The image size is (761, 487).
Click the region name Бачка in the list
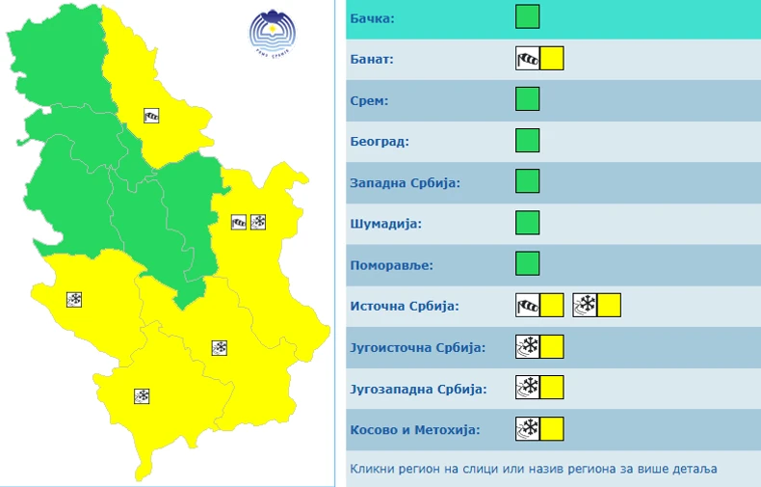[374, 18]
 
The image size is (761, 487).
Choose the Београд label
[380, 142]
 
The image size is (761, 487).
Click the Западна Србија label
[406, 182]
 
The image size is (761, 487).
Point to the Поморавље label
[392, 264]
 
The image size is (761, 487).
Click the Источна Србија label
[405, 306]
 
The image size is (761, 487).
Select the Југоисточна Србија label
[418, 347]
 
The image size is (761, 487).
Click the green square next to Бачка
[527, 17]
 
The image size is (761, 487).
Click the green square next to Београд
[527, 141]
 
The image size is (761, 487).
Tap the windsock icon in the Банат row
[528, 59]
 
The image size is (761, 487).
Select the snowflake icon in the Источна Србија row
[585, 306]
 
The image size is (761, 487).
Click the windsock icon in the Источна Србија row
[528, 306]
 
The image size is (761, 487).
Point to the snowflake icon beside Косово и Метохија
[528, 429]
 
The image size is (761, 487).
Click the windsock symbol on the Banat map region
[151, 116]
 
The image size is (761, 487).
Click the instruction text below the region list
[533, 469]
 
